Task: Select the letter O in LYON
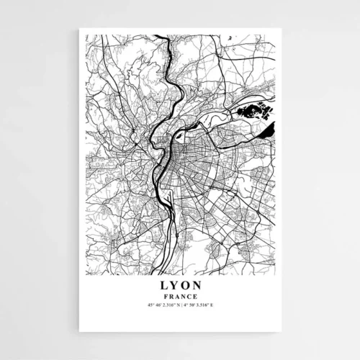(184, 286)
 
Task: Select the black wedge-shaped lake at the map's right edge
(269, 130)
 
